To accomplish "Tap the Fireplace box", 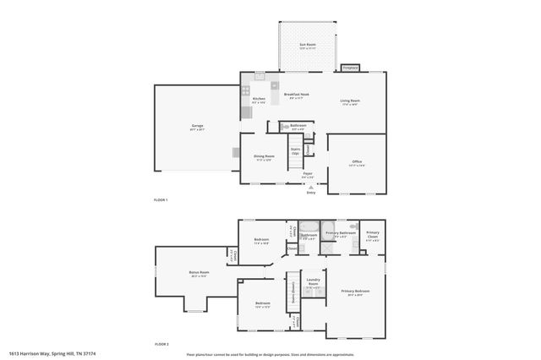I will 350,68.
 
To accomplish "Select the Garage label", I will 197,127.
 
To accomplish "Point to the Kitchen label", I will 259,100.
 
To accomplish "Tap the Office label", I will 357,162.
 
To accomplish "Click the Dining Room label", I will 265,156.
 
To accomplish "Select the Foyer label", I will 308,174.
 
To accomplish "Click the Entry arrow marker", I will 311,187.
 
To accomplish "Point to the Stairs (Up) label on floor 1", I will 296,151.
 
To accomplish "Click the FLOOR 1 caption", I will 161,199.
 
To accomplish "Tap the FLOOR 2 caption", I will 161,345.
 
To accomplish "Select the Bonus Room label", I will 199,274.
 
